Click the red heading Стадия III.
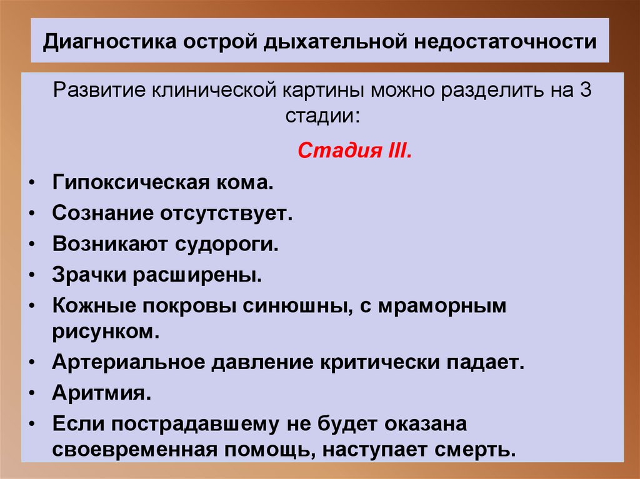[x=354, y=151]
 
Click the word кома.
[x=251, y=184]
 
